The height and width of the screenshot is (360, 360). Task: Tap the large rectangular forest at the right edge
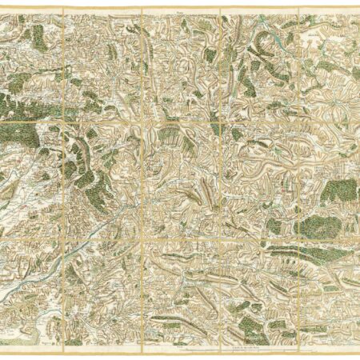tap(341, 191)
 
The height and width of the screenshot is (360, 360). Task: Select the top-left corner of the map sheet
tap(2, 10)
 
